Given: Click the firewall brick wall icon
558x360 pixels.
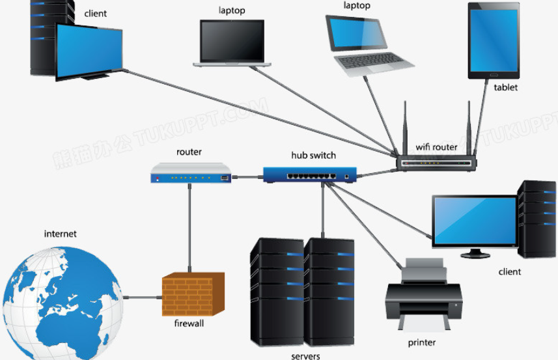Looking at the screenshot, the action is pos(193,294).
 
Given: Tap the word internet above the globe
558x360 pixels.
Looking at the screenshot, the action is pos(60,234).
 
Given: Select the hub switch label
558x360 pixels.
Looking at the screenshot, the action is pos(314,156).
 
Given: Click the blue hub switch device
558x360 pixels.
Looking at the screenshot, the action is pos(310,174).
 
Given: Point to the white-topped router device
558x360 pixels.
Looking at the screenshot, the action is pos(191,173).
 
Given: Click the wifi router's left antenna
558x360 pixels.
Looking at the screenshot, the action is pos(405,128).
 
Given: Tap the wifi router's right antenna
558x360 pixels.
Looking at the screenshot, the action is pos(469,128).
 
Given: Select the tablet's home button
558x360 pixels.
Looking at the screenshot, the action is pos(494,75).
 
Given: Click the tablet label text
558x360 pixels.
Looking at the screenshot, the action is pos(505,87).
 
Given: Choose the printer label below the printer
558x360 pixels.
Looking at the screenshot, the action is pos(422,342).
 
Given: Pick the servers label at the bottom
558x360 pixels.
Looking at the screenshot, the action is pos(305,355).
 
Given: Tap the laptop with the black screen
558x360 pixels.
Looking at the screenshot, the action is pos(232,44).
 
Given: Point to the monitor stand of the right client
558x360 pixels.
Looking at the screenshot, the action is pos(475,253).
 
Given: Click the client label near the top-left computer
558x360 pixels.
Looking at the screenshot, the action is pos(95,14).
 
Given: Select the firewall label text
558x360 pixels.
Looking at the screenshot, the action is pos(189,324).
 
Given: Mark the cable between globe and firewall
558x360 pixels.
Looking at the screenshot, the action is pos(143,297).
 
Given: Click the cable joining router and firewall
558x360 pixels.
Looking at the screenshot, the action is pos(189,228).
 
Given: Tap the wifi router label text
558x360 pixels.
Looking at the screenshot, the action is pos(436,147).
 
